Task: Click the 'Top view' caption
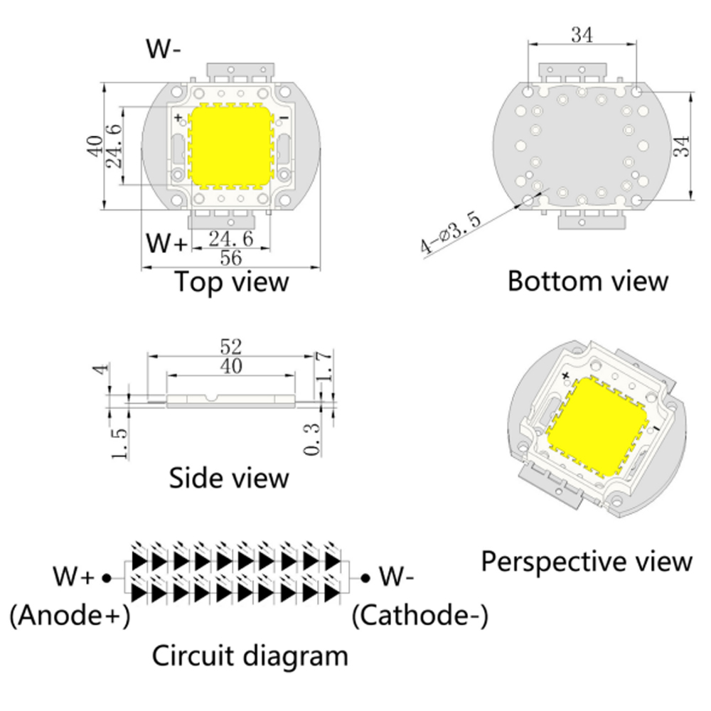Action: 232,282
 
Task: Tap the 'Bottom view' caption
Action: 588,282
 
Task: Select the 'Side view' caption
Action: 229,478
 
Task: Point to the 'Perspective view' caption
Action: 587,562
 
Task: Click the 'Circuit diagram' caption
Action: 250,656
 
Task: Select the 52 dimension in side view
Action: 232,346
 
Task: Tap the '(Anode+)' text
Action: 70,616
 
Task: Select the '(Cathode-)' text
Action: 420,616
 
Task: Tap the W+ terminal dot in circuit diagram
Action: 106,578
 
